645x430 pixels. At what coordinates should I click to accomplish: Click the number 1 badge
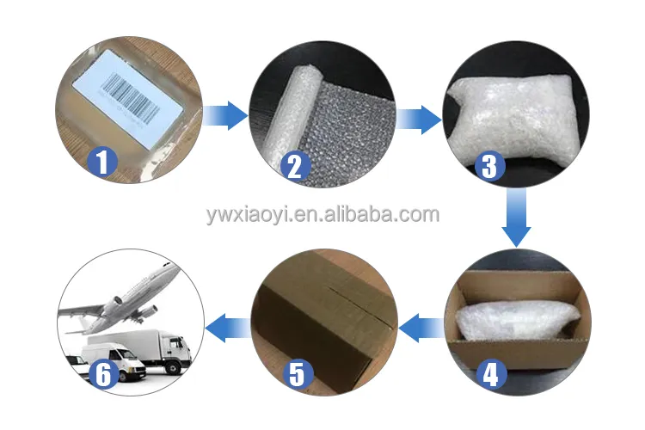[x=102, y=162]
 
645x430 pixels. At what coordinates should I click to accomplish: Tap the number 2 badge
[x=295, y=166]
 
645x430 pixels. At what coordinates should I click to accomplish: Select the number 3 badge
[x=489, y=166]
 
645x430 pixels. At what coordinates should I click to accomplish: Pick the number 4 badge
[x=491, y=374]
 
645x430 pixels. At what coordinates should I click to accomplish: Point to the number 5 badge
[x=298, y=374]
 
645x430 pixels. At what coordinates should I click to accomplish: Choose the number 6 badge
[x=104, y=374]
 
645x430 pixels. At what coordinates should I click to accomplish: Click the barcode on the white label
[x=131, y=98]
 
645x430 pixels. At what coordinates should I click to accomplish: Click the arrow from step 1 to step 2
[x=225, y=115]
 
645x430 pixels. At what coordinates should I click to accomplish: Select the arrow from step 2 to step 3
[x=419, y=120]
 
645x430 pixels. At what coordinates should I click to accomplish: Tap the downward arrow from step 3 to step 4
[x=516, y=218]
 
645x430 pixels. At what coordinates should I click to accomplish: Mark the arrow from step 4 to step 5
[x=421, y=328]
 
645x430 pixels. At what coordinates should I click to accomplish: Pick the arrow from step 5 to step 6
[x=228, y=328]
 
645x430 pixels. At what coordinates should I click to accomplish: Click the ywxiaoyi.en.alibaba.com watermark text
[x=322, y=215]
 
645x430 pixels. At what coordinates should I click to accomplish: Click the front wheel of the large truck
[x=174, y=366]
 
